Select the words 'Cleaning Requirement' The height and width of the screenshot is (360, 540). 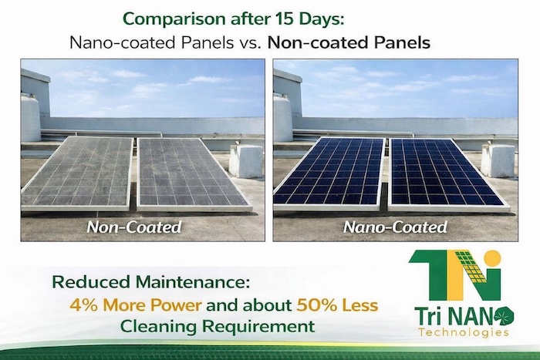(x=218, y=326)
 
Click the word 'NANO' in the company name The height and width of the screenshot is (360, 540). (x=471, y=315)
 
